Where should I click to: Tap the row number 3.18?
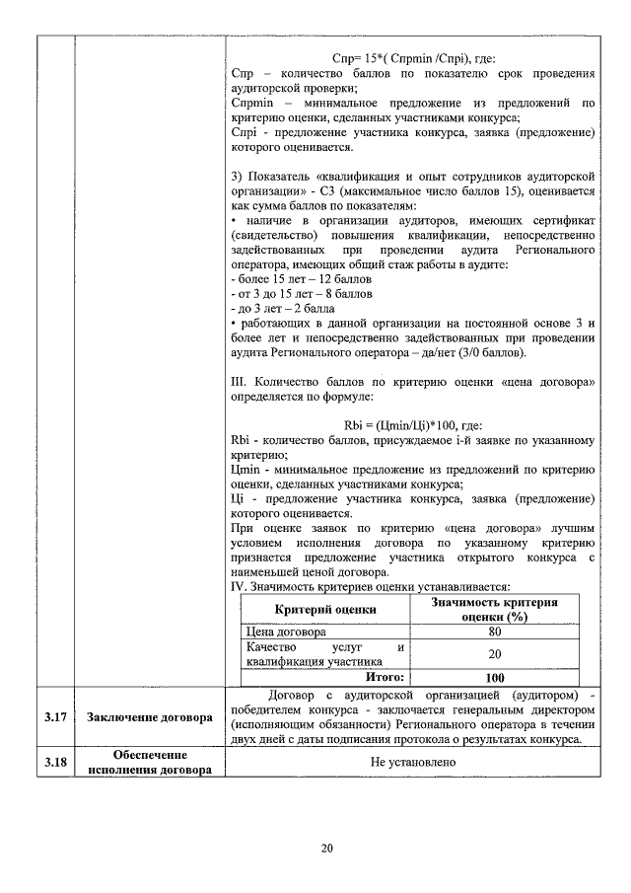54,762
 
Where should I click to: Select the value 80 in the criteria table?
495,632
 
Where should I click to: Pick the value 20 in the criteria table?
495,654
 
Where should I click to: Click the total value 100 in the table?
495,677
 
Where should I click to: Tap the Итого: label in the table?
386,677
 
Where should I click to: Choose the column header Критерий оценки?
324,609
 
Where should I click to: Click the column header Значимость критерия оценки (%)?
495,609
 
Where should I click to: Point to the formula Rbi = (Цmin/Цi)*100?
411,425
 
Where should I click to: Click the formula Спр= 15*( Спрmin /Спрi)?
411,59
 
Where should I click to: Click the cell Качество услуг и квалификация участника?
324,654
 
